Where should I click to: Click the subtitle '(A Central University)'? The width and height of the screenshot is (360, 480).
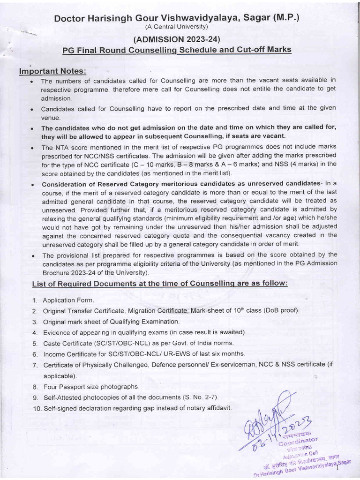pyautogui.click(x=176, y=27)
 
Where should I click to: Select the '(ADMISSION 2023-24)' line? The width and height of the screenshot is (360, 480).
pyautogui.click(x=177, y=39)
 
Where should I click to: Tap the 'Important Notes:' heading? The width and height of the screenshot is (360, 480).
pyautogui.click(x=52, y=71)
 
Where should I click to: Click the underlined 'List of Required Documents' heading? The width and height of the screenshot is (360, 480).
pyautogui.click(x=159, y=284)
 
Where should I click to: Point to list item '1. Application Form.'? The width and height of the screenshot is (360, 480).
pyautogui.click(x=68, y=300)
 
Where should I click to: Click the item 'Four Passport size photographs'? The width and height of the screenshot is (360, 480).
pyautogui.click(x=91, y=387)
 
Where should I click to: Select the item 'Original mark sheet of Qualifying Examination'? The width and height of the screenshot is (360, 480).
pyautogui.click(x=111, y=322)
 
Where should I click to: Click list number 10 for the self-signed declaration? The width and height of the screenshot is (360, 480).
pyautogui.click(x=37, y=408)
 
